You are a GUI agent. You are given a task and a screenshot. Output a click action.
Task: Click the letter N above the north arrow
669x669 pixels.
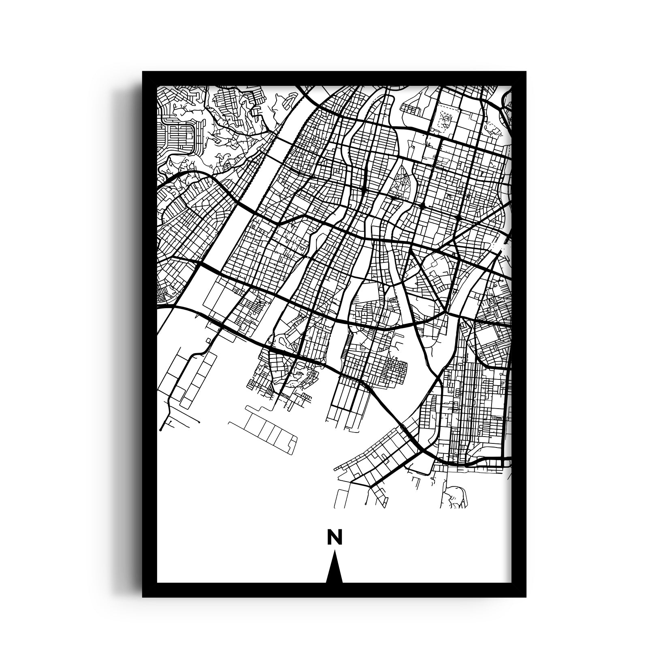(x=334, y=537)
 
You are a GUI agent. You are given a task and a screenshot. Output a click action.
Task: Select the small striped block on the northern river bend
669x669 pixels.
(x=410, y=107)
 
